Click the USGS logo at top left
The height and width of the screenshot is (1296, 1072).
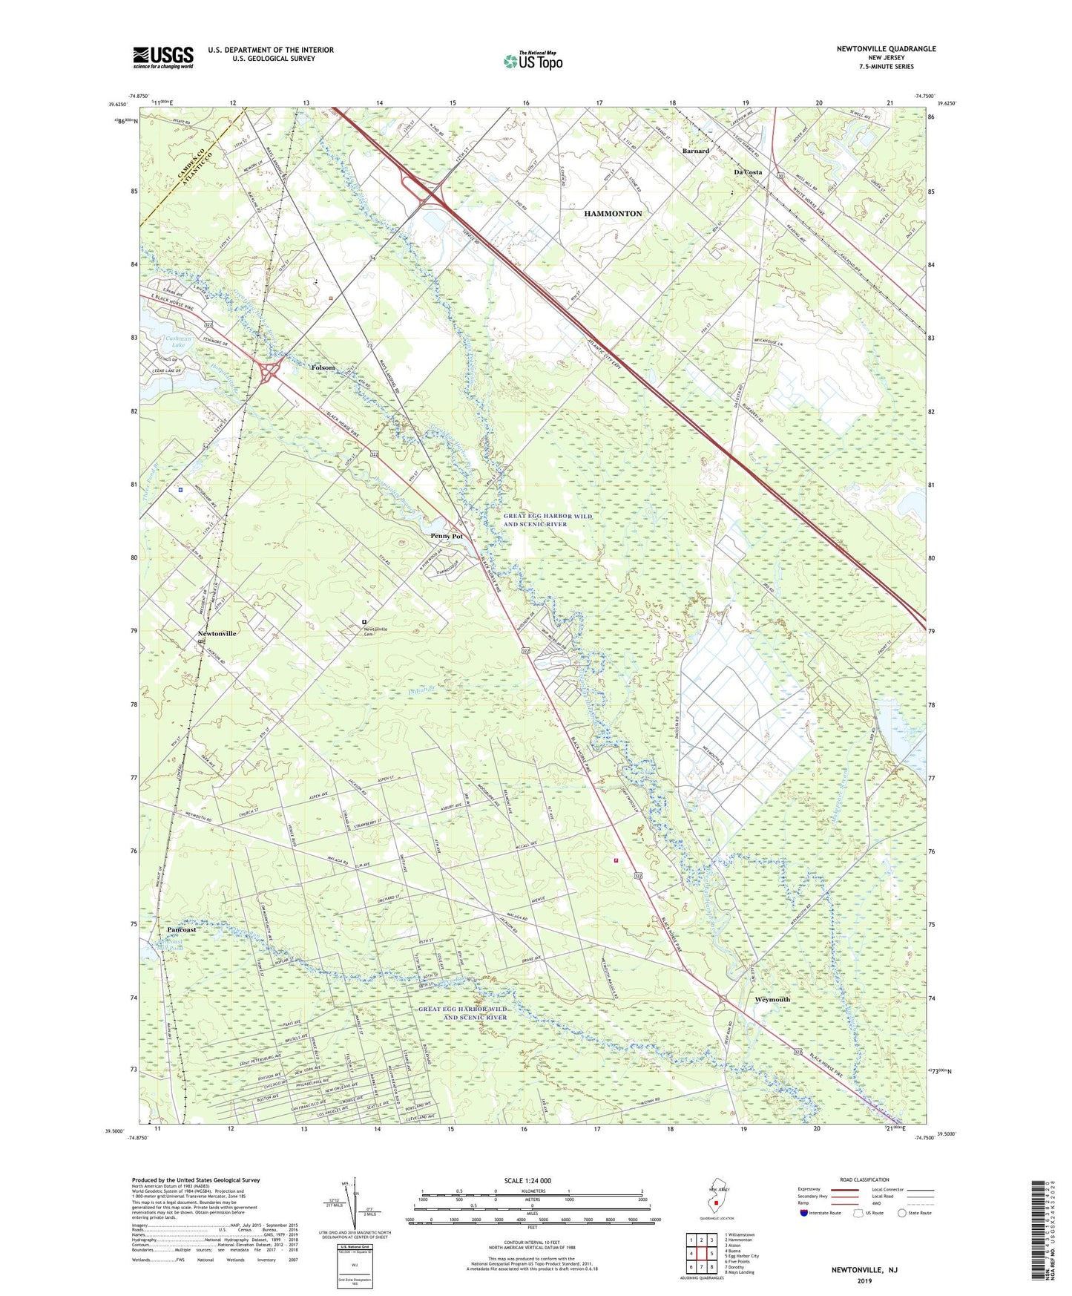(x=163, y=57)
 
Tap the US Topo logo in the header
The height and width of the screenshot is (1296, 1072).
(x=532, y=60)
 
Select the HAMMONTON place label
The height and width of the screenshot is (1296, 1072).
(x=613, y=214)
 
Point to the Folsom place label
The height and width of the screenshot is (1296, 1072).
(x=323, y=368)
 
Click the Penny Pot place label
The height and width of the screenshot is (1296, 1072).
(x=447, y=536)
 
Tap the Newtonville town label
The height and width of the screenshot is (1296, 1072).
(x=217, y=634)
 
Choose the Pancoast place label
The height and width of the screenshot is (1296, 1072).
(x=182, y=930)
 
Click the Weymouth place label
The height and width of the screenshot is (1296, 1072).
(x=772, y=1000)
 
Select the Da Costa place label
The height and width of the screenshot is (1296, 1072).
(x=748, y=172)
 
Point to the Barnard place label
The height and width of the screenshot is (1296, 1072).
(x=696, y=151)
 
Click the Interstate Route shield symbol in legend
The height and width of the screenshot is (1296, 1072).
(x=805, y=1213)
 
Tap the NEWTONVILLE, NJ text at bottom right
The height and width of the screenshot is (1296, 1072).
(x=864, y=1270)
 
